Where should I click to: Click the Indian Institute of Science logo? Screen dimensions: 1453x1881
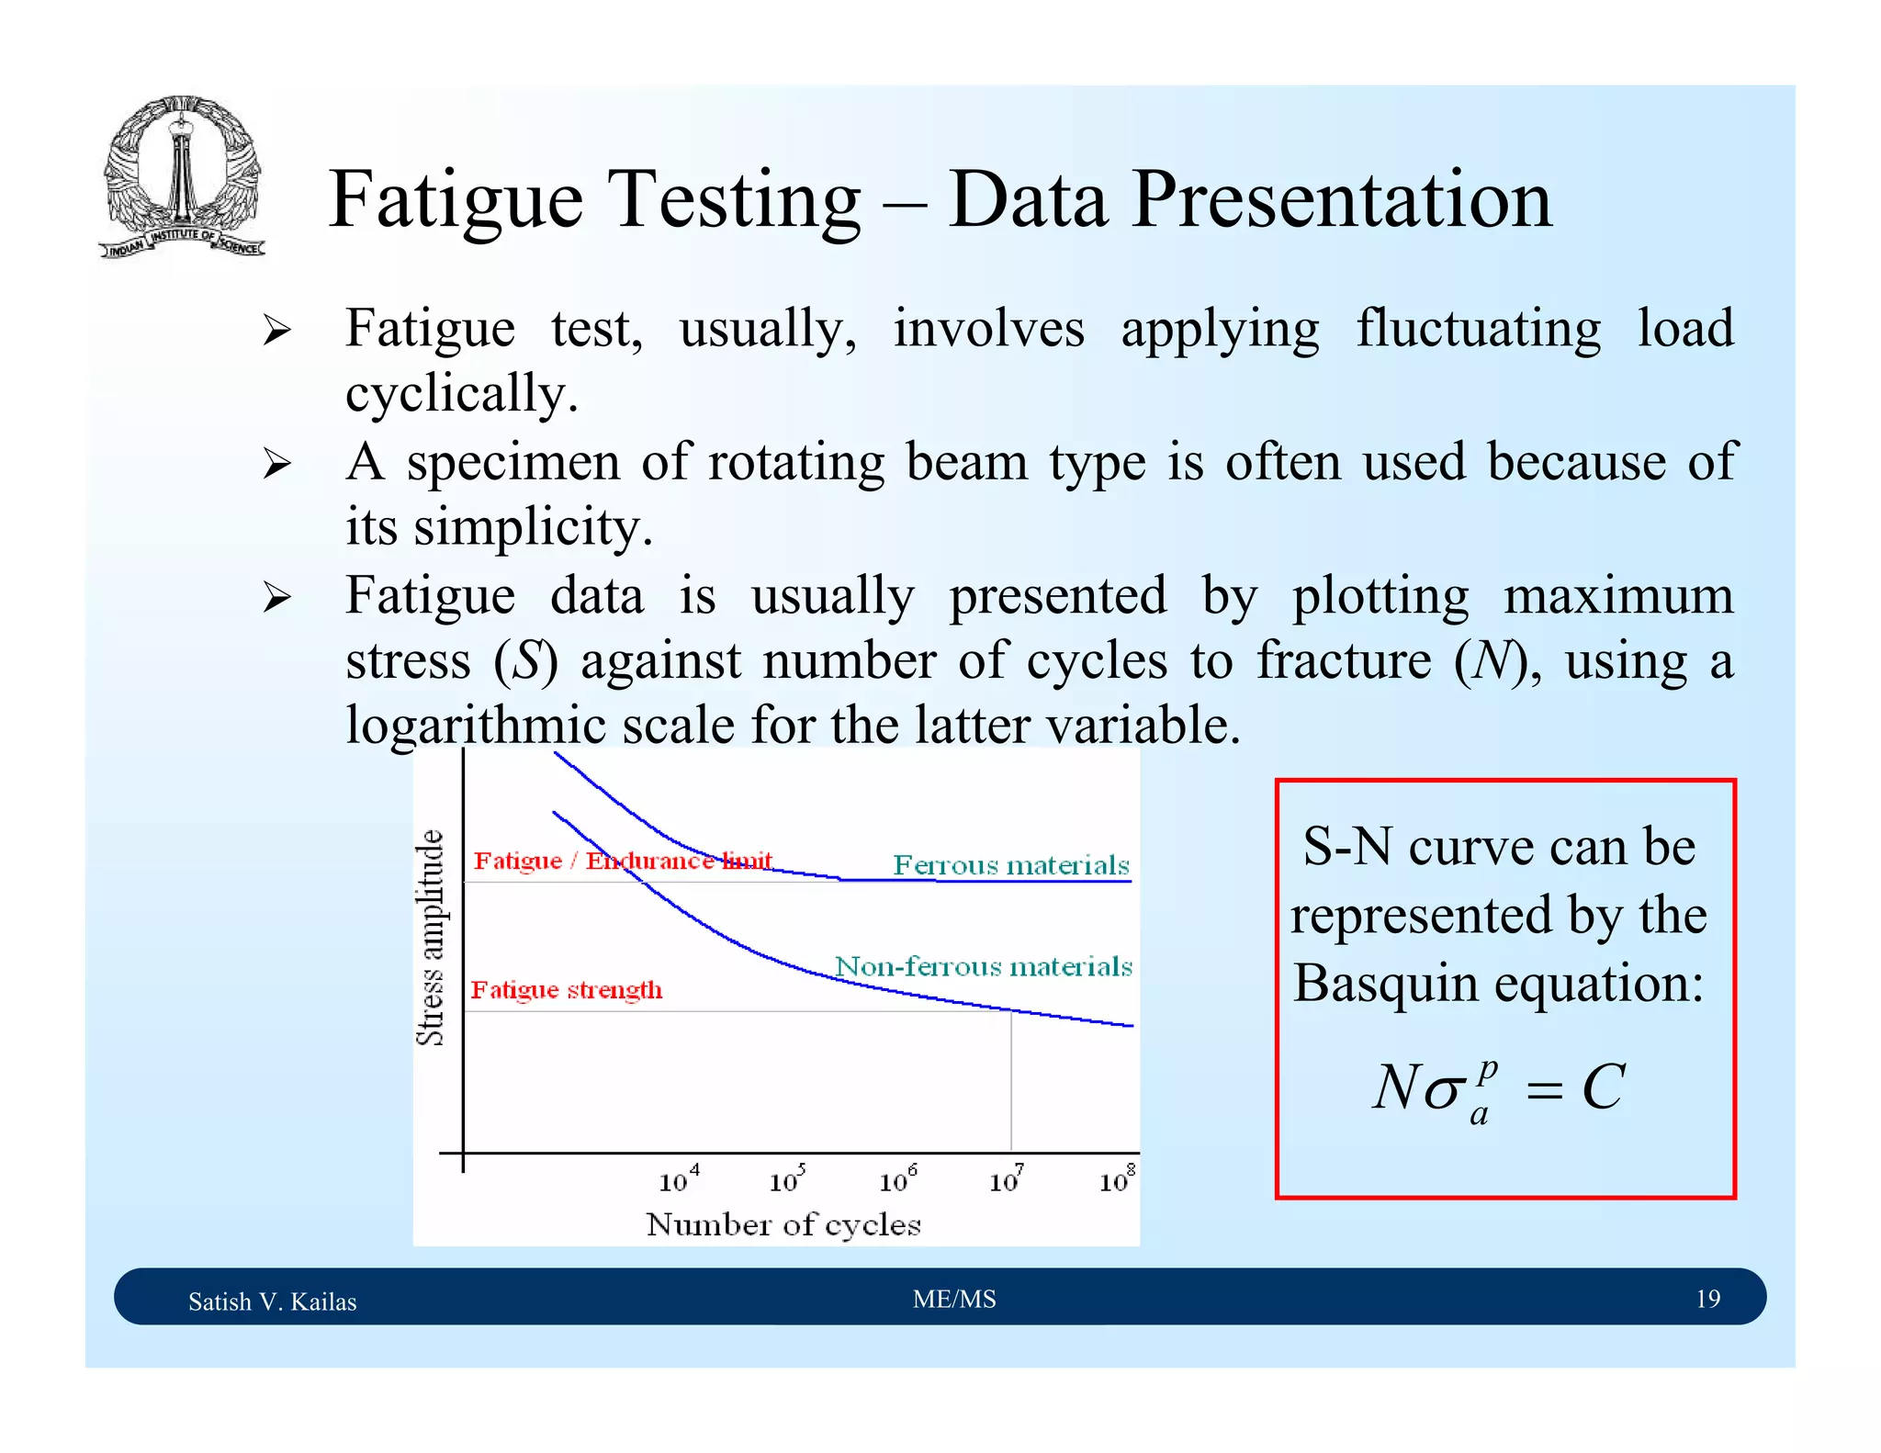point(182,177)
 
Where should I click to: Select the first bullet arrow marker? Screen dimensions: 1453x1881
point(276,330)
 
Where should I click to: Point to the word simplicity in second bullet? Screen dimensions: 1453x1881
point(533,528)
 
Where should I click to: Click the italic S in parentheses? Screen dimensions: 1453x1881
point(526,660)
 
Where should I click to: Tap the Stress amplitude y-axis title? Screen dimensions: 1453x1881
point(431,937)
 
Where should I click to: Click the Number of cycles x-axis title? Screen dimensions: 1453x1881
point(783,1224)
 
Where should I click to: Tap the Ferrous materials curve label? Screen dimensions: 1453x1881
point(1010,865)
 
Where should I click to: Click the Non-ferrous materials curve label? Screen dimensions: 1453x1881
point(983,966)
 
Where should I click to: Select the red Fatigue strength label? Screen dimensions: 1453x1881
point(567,990)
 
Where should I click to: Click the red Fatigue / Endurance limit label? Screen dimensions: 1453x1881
point(622,861)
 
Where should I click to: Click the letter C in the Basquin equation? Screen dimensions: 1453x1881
point(1603,1087)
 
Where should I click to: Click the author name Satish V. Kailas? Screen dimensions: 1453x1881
point(272,1301)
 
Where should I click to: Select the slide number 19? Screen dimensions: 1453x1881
point(1707,1299)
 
